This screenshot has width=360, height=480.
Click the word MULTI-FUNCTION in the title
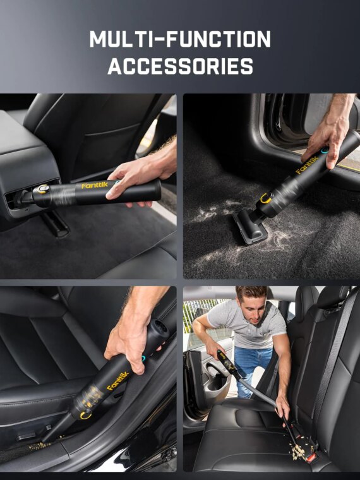tap(180, 40)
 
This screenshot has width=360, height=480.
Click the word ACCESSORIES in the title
tap(180, 66)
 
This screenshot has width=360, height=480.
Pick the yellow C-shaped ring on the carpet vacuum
tap(265, 199)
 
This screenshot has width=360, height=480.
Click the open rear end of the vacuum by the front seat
tap(158, 329)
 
